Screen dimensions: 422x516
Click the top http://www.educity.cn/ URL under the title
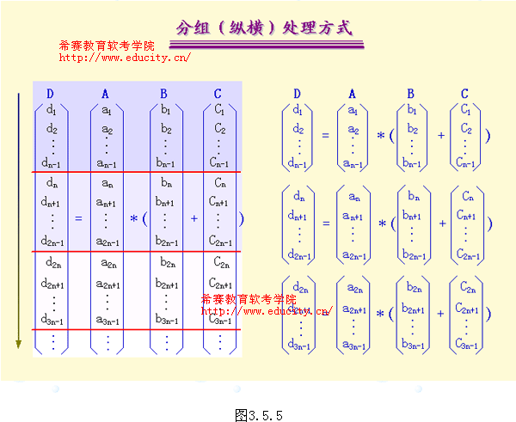coord(125,58)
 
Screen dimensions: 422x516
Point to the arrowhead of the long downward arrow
coord(17,345)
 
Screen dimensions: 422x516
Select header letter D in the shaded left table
coord(50,93)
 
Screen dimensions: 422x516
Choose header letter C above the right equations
coord(464,94)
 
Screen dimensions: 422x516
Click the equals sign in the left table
coord(78,218)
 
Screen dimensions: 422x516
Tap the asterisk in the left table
coord(133,218)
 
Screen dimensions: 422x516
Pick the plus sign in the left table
coord(194,218)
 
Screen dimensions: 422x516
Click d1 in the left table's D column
coord(51,110)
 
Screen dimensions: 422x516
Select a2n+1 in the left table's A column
coord(107,283)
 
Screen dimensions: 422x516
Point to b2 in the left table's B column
coord(165,129)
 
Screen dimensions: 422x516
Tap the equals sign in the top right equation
coord(326,135)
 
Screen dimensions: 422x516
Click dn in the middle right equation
coord(298,199)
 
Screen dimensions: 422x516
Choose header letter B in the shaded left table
coord(163,93)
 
